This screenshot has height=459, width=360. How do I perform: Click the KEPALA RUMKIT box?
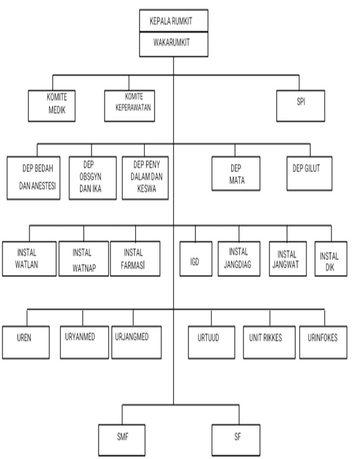point(173,21)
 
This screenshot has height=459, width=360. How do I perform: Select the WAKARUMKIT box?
point(173,44)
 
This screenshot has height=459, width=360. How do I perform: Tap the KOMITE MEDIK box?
point(52,105)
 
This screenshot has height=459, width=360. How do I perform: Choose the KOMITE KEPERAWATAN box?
point(130,105)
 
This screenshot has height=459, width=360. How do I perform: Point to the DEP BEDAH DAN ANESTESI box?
point(34,178)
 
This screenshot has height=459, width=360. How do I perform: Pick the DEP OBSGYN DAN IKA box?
point(92,178)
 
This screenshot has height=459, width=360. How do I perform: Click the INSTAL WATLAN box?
point(29,258)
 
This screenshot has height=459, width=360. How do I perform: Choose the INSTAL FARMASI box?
point(136,258)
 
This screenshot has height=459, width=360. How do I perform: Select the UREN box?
point(25,342)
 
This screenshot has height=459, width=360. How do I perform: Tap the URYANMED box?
point(83,342)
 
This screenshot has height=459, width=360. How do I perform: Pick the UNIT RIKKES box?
point(270,342)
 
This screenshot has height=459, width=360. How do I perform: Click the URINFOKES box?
point(323,342)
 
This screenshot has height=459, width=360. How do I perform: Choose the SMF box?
point(123,439)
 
